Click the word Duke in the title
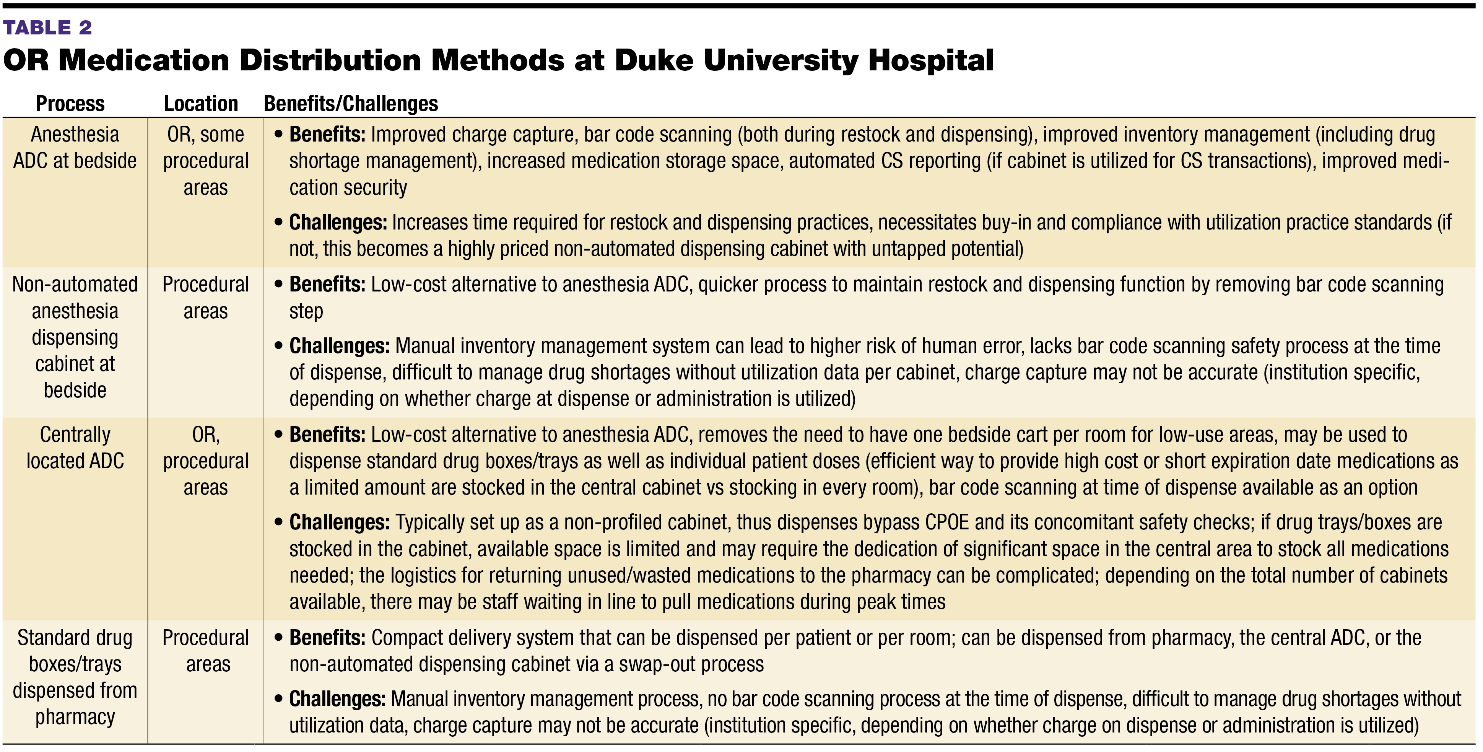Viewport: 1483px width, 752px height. click(654, 60)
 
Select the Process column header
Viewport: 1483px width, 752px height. click(70, 104)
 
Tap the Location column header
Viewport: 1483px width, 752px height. click(201, 104)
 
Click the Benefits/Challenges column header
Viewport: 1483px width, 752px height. click(351, 104)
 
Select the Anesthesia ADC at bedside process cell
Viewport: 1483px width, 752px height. click(75, 147)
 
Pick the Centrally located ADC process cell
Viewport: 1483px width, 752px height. click(75, 448)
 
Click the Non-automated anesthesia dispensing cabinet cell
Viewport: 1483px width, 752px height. click(75, 337)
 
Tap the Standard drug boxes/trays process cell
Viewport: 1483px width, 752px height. click(75, 677)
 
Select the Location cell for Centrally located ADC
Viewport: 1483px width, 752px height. click(205, 461)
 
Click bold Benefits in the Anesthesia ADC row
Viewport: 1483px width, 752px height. click(327, 134)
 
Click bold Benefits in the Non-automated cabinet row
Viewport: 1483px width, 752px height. click(327, 285)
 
